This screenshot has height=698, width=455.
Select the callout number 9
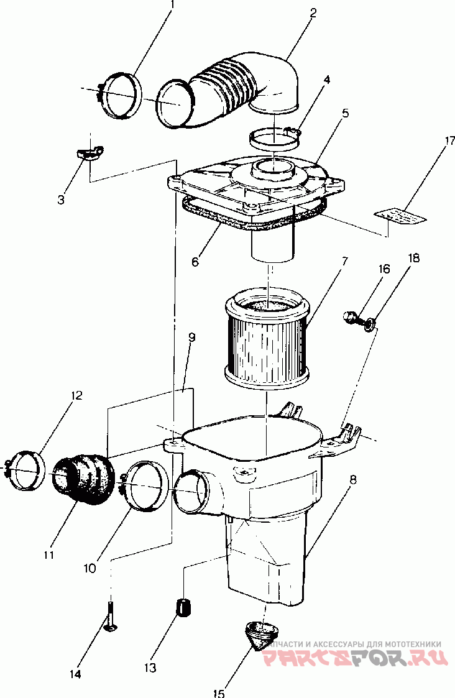coord(192,338)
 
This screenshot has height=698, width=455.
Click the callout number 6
coord(195,262)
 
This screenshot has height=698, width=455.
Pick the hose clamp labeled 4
coord(274,137)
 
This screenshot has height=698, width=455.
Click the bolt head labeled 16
coord(350,318)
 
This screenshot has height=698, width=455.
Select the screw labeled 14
coord(111,615)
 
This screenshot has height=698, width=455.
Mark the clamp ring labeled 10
coord(147,484)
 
